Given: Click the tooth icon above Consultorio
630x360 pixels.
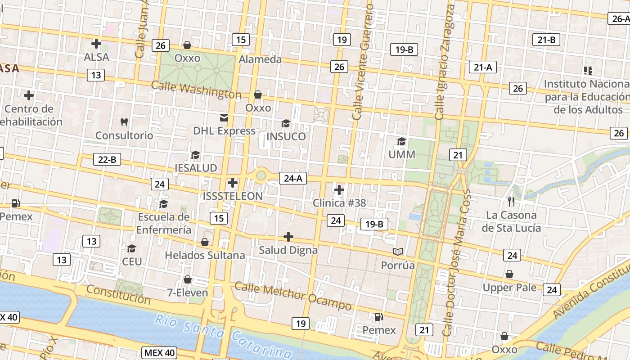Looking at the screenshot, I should click(x=125, y=121).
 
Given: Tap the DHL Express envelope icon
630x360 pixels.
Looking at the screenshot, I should click(x=224, y=118).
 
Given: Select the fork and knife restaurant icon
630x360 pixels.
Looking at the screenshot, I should click(x=511, y=201).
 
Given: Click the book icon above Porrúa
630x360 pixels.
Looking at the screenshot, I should click(x=397, y=252).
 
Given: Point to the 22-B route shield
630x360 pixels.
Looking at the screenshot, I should click(x=107, y=159).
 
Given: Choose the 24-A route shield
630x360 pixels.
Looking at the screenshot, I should click(x=292, y=178).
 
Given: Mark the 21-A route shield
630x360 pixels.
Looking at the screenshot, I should click(x=482, y=67).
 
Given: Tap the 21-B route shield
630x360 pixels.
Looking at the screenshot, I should click(x=546, y=40).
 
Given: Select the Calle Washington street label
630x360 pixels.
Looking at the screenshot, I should click(x=196, y=90).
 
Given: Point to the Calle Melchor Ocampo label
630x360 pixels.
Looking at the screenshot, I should click(x=293, y=296).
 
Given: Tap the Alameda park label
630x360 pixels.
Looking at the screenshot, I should click(x=260, y=59).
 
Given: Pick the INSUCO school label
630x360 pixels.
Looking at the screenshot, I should click(x=286, y=136).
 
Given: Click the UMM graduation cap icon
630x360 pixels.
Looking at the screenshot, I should click(x=401, y=142).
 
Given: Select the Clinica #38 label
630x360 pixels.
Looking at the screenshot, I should click(x=340, y=203).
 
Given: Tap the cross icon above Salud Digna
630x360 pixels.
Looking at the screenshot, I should click(x=288, y=237).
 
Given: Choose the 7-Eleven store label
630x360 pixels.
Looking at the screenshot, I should click(x=188, y=293).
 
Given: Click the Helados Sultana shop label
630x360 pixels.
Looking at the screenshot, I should click(x=205, y=255).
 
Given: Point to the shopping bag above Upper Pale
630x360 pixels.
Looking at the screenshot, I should click(x=509, y=274).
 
